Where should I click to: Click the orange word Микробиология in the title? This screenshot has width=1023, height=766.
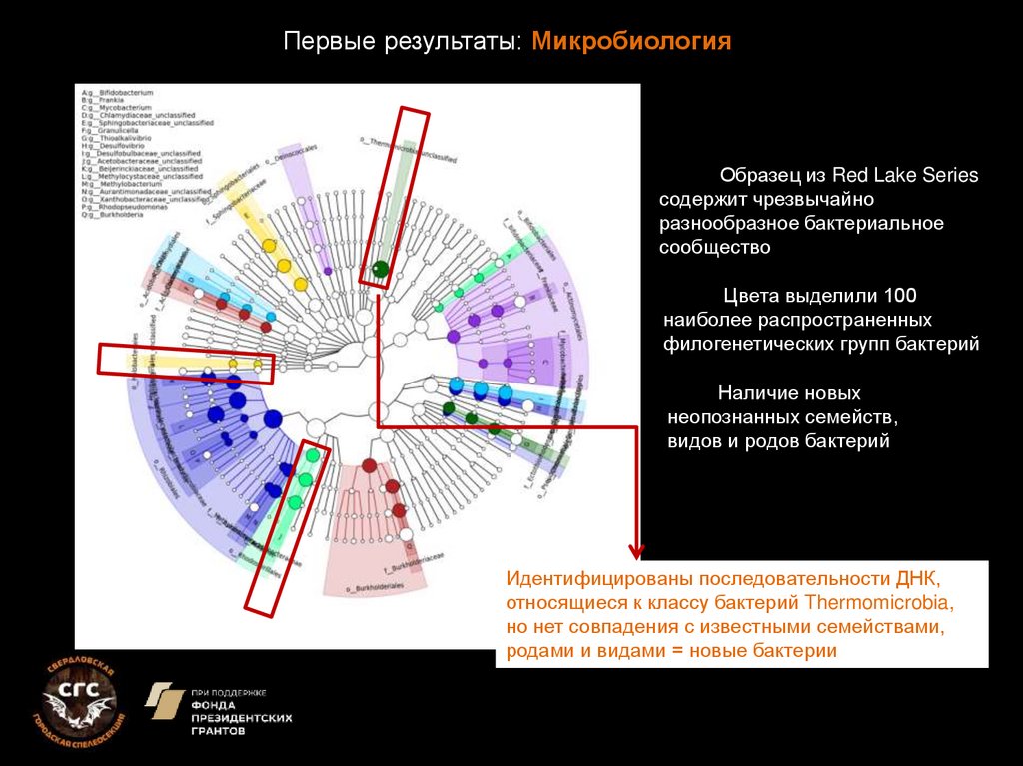[632, 42]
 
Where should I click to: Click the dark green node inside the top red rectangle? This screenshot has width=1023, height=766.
[380, 268]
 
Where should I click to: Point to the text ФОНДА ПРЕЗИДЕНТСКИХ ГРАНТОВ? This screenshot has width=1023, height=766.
[241, 717]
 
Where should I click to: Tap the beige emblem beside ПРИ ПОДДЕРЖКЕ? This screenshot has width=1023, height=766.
[164, 701]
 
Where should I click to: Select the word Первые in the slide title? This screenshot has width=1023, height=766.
[319, 42]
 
